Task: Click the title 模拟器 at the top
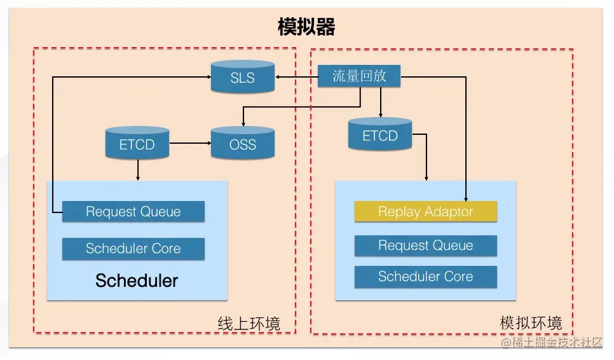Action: coord(306,27)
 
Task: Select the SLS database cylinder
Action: coord(242,78)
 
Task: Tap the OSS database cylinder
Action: coord(242,144)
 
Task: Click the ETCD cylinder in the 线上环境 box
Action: coord(137,144)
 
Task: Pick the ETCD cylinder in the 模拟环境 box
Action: coord(380,135)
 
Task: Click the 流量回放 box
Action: coord(360,76)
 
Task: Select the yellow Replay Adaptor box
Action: coord(425,212)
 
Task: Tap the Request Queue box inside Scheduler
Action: coord(133,212)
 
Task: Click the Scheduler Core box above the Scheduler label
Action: coord(133,249)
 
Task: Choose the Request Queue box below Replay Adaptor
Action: coord(425,246)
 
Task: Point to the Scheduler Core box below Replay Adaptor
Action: coord(425,277)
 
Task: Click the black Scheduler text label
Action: coord(137,280)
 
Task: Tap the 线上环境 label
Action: coord(249,324)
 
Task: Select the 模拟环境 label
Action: coord(531,322)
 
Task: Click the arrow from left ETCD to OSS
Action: coord(190,144)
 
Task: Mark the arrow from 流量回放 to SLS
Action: coord(296,78)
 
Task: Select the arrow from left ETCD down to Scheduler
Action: coord(137,170)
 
